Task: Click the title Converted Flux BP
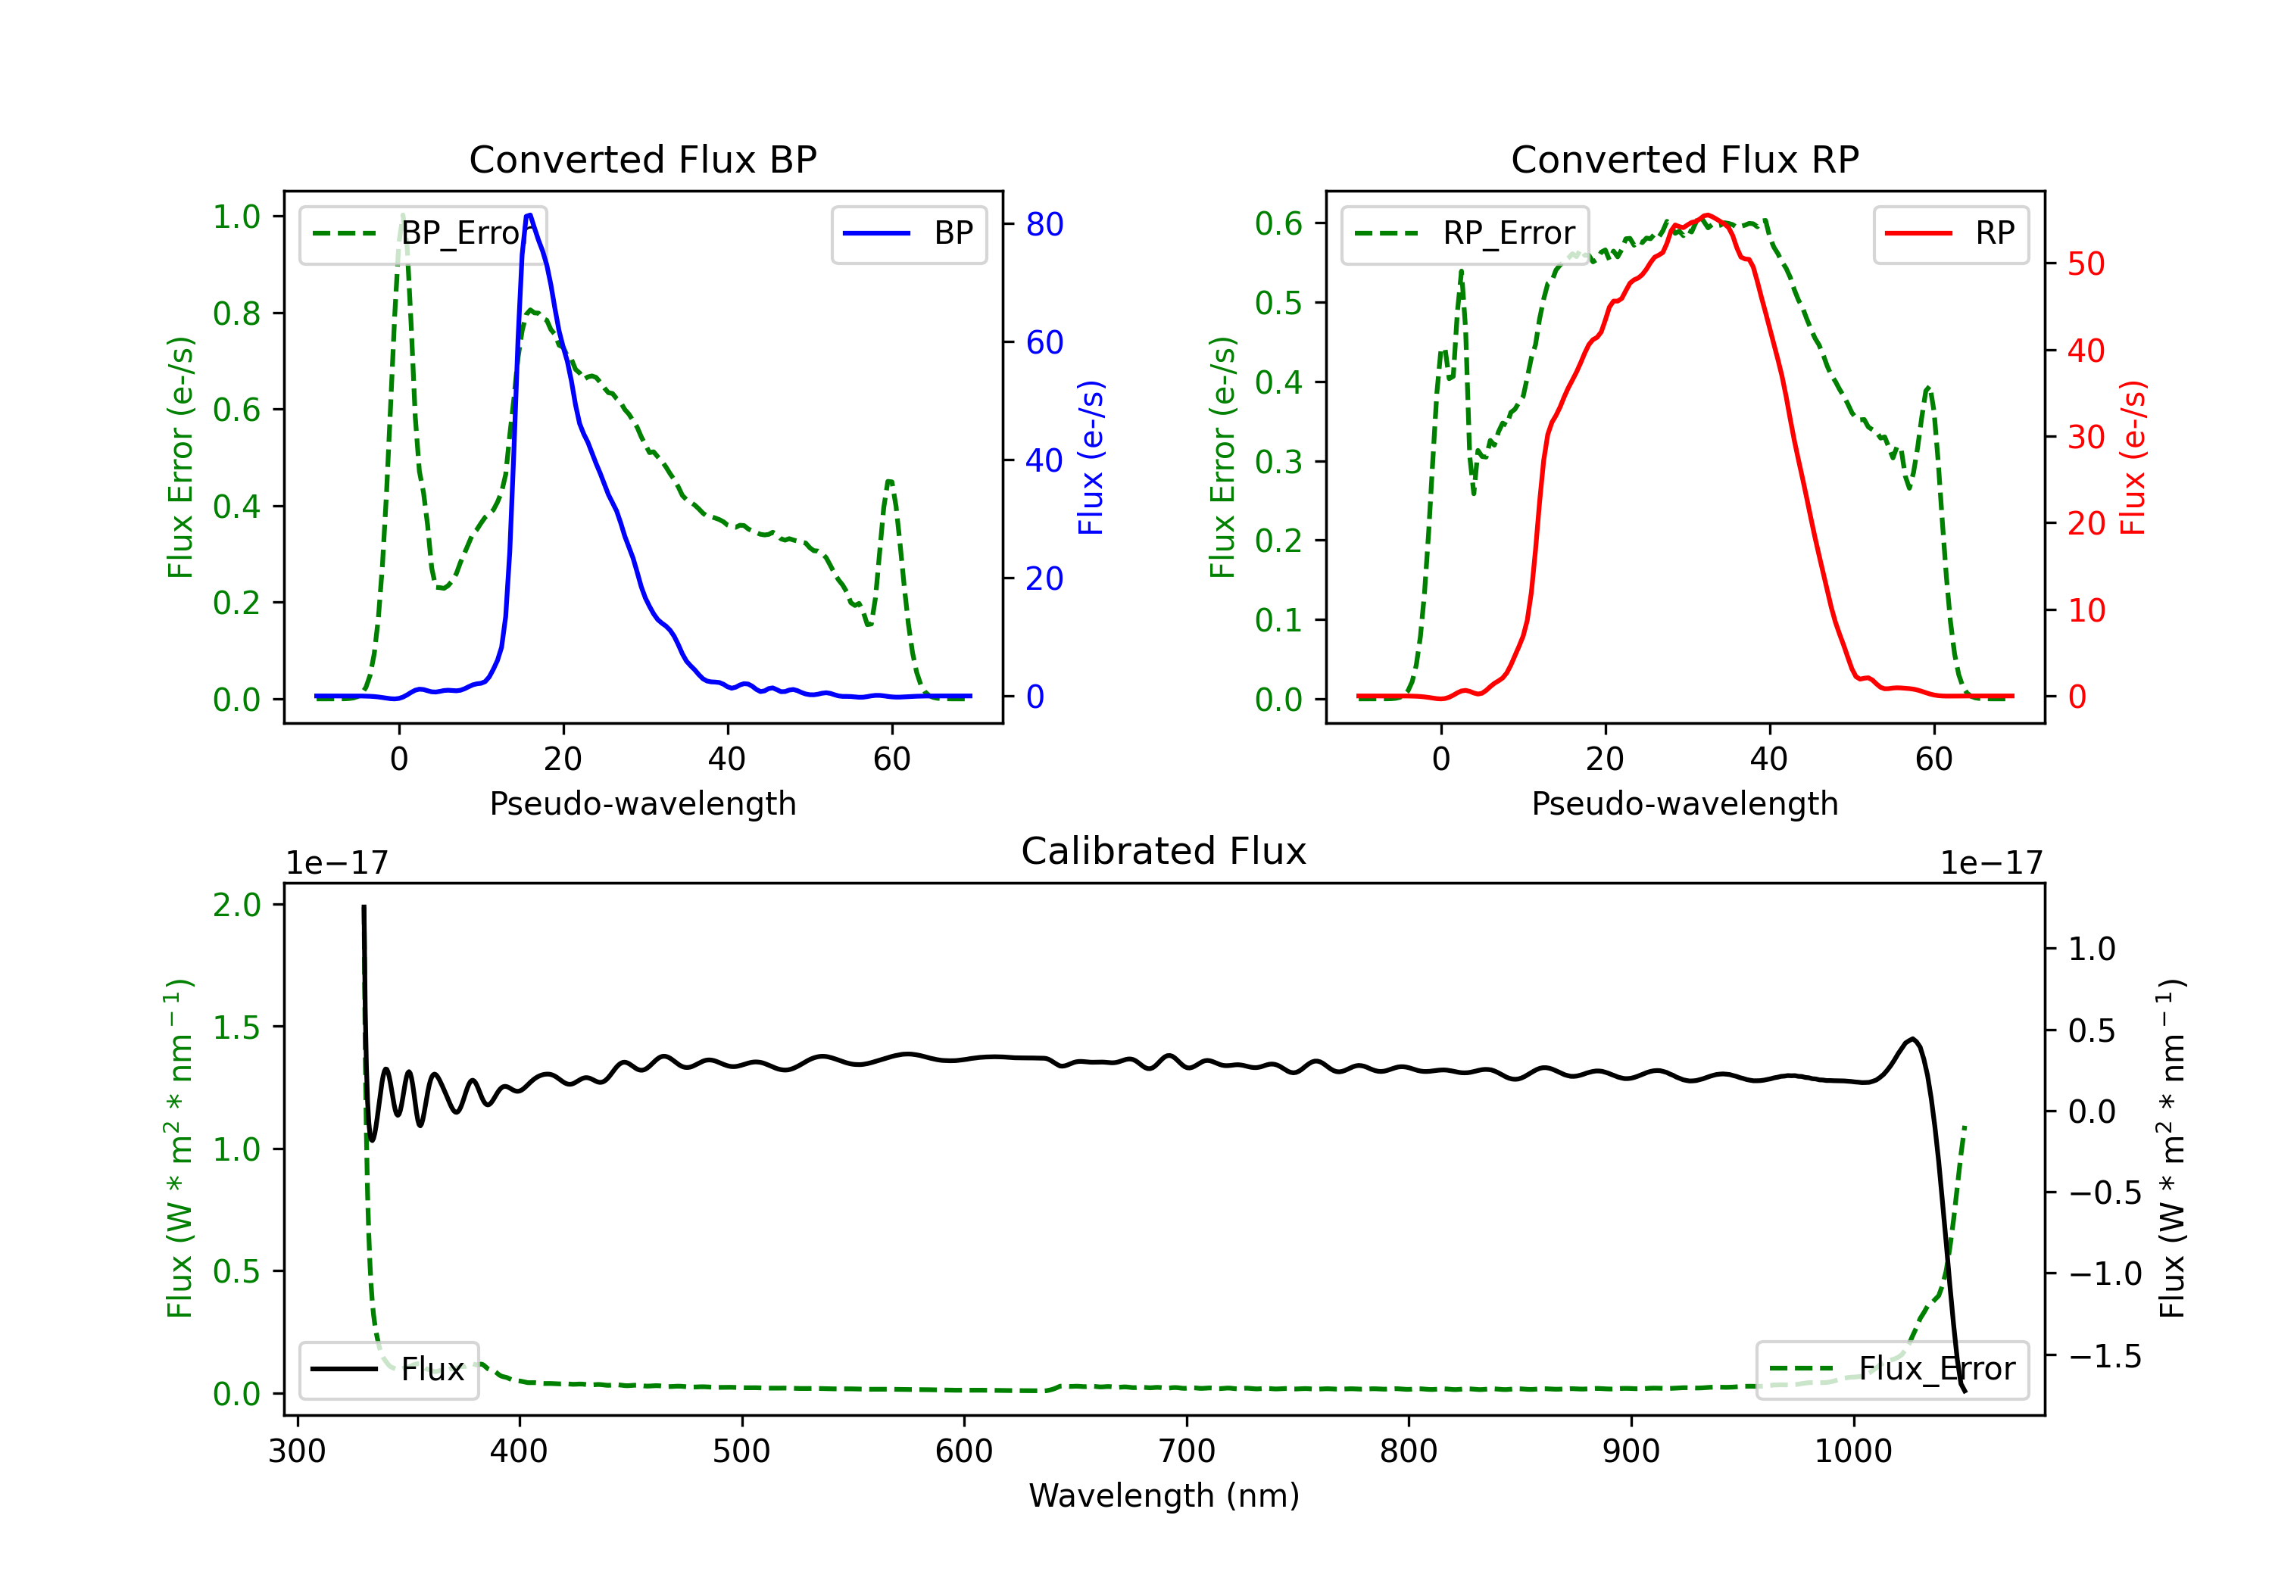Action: pos(642,159)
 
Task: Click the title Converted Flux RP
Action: pos(1684,159)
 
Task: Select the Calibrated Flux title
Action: pos(1164,851)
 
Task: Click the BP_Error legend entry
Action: pos(423,233)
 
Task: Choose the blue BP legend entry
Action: pos(908,233)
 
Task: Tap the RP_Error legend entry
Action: pos(1465,233)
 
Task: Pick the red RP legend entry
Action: pos(1949,233)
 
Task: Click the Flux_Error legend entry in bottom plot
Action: pos(1892,1370)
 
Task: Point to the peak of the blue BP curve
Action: pos(529,215)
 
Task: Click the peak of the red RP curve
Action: pos(1706,215)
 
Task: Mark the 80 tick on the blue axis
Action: pos(1044,225)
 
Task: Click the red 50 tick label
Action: pos(2086,264)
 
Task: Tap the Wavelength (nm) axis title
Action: pos(1164,1496)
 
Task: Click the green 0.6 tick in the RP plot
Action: pos(1278,223)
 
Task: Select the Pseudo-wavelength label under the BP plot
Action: pos(642,803)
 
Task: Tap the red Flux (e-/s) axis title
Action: pos(2133,458)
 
